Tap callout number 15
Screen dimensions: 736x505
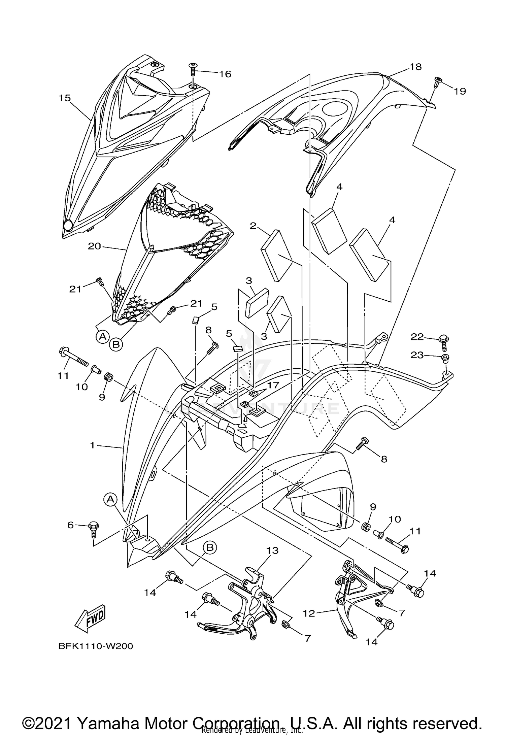coord(65,98)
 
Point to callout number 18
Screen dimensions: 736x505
coord(416,67)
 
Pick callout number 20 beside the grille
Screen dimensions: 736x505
coord(94,246)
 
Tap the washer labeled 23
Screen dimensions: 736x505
coord(445,358)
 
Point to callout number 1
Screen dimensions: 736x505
coord(92,445)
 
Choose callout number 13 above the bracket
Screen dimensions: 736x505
coord(272,550)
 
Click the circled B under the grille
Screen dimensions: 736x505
coord(115,344)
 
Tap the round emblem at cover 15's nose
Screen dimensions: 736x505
coord(68,225)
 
